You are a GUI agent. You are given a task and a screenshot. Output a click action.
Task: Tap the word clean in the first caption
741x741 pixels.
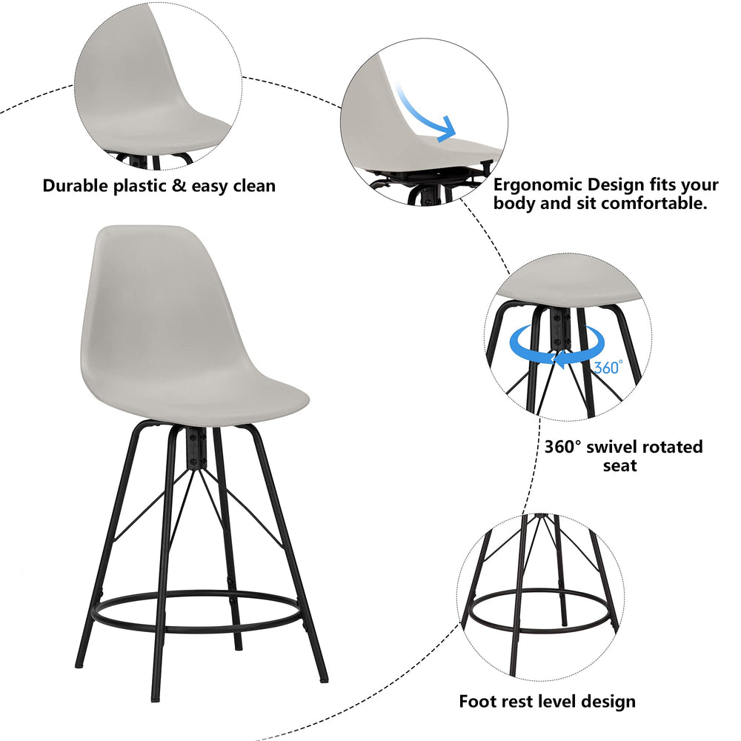(x=249, y=185)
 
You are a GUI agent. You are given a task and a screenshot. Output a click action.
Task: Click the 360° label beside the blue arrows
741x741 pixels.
(x=608, y=366)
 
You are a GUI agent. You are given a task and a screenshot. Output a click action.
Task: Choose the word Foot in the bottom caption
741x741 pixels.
(x=476, y=700)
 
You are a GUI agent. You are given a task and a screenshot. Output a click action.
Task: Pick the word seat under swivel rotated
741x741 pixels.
(x=620, y=467)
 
